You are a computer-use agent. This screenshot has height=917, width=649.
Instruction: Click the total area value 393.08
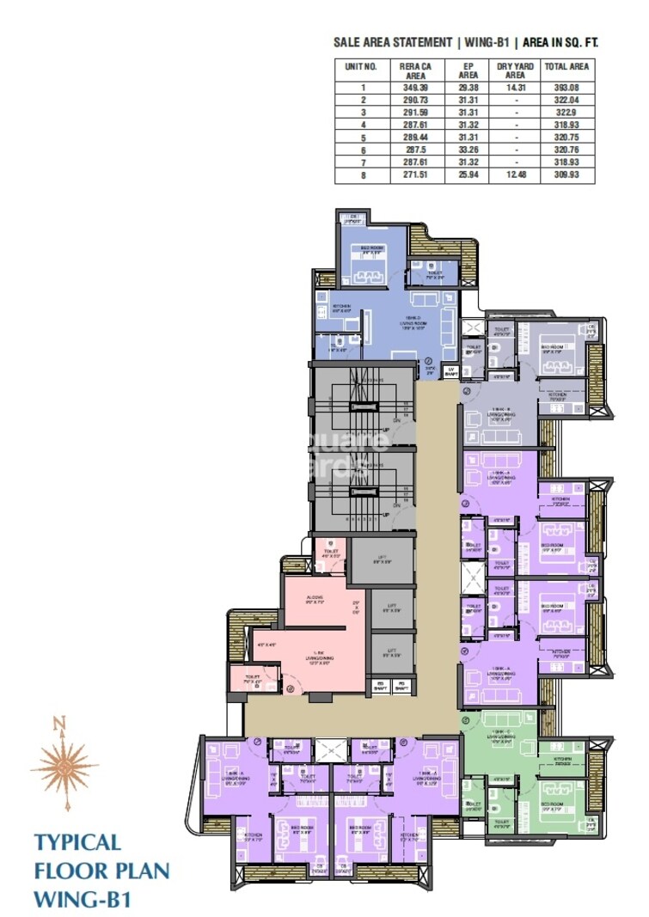pos(566,87)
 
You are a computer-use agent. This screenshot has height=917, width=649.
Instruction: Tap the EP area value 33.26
pos(468,150)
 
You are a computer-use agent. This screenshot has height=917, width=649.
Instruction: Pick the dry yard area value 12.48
pos(516,174)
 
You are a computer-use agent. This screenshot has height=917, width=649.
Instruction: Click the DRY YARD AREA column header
pos(516,70)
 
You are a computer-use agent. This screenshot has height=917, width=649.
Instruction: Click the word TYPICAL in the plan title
pos(77,842)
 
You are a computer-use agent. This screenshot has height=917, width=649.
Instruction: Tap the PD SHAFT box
pos(400,686)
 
